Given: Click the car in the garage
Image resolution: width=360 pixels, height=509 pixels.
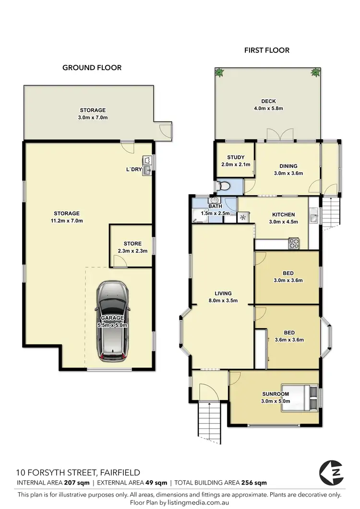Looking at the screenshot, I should click(112, 320).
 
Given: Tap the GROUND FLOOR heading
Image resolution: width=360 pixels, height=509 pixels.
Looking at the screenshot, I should click(92, 68).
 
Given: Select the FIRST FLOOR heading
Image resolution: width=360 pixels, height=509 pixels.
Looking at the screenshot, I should click(266, 50).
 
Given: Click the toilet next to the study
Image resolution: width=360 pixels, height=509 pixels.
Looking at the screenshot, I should click(223, 186).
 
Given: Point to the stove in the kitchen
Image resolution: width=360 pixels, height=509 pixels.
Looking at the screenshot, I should click(293, 243).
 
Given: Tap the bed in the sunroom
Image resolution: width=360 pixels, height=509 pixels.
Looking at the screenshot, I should click(300, 398).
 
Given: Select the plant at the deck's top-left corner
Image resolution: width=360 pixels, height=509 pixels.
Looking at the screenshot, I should click(220, 73).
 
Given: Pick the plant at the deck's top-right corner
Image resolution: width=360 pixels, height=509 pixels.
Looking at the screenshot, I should click(315, 73).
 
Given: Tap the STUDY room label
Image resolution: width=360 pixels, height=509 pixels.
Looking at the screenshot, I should click(236, 157).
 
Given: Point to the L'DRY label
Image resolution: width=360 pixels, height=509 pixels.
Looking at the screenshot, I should click(133, 169).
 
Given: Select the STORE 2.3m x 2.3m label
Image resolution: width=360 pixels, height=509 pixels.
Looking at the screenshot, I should click(132, 247).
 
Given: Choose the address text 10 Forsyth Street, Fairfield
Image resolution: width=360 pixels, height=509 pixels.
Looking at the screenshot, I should click(78, 473).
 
